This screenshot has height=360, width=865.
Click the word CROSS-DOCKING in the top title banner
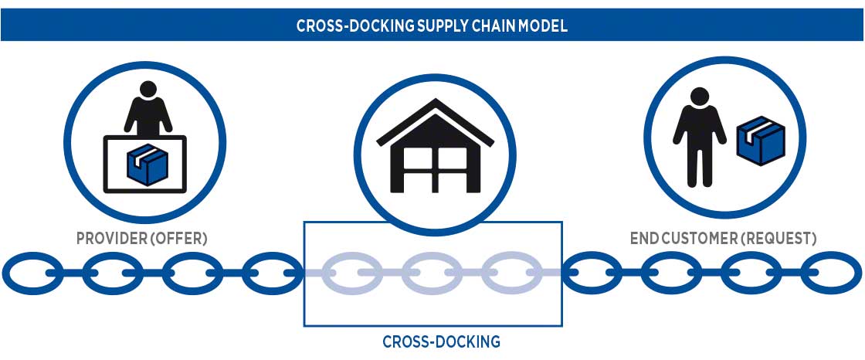coord(344,25)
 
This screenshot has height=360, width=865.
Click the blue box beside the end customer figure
coord(760,141)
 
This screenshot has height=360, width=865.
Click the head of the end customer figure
coord(700,97)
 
